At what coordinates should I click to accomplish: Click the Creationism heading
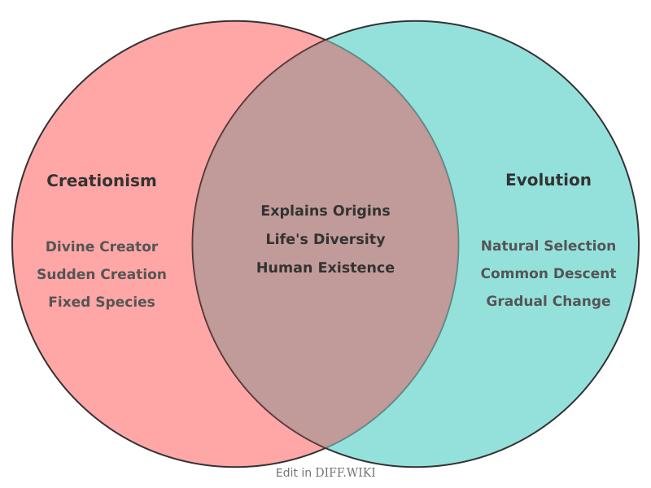coord(101,181)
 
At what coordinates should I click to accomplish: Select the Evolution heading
coord(548,180)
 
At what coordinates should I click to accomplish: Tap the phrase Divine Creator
coord(102,246)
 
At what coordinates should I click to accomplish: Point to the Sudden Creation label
coord(102,274)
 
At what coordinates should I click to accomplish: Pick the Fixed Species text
coord(102,302)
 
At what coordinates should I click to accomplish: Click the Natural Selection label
coord(548,246)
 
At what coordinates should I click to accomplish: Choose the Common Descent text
coord(548,273)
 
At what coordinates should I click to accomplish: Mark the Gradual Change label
coord(548,301)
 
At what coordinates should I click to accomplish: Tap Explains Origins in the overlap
coord(325,211)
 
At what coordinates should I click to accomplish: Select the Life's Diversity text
coord(325,239)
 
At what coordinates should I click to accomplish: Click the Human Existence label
coord(325,268)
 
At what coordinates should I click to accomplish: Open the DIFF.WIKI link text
coord(345,473)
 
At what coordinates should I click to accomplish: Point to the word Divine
coord(69,246)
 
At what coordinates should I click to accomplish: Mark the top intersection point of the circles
coord(325,39)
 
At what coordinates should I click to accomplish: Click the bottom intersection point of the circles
coord(325,448)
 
